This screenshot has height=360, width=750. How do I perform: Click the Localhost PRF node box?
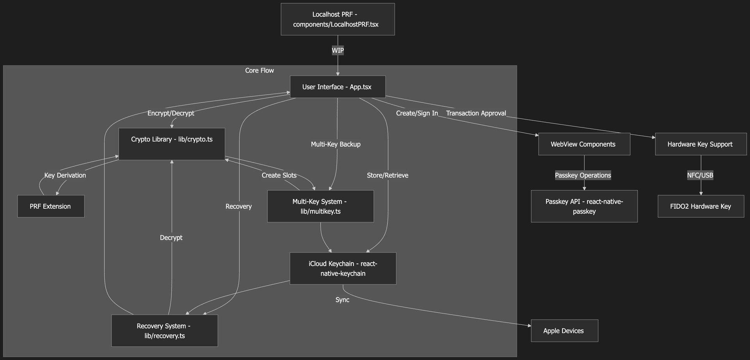337,19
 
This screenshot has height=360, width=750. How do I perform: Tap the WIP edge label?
337,50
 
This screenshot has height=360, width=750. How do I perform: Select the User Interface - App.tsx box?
337,87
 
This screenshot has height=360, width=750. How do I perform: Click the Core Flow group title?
259,70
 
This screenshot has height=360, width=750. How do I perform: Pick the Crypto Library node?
171,143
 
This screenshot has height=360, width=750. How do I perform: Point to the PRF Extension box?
50,206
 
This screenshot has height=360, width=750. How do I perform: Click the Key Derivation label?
65,176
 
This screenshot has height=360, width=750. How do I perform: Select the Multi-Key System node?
320,206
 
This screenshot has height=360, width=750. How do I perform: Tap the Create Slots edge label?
279,176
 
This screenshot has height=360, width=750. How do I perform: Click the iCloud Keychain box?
343,269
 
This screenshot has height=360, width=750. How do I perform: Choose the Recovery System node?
164,331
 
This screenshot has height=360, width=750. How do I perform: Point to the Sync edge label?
342,300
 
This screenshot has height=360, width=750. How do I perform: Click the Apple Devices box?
564,331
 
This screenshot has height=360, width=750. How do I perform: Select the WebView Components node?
584,144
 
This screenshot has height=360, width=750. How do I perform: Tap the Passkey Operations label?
583,176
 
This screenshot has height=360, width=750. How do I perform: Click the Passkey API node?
584,206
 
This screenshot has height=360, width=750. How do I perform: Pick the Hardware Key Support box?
700,144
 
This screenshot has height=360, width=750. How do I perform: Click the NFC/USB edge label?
700,176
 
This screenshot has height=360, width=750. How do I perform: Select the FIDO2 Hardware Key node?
700,206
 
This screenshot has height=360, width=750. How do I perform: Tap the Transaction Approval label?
476,113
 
